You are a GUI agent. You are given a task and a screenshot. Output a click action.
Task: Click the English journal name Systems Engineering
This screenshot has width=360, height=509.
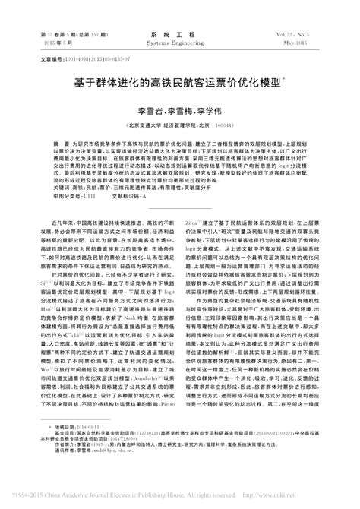pos(179,43)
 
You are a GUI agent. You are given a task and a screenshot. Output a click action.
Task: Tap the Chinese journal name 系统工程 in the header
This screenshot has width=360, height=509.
pos(179,34)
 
